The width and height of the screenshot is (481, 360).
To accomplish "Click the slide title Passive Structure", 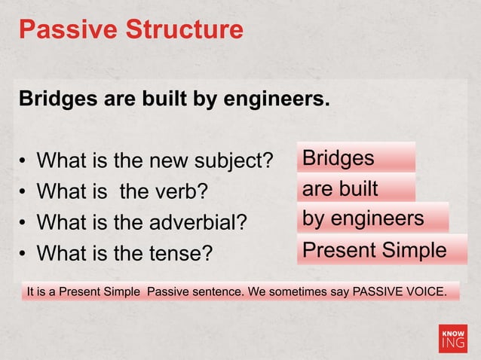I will point(130,30).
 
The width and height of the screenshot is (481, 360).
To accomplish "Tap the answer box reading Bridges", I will point(356,158).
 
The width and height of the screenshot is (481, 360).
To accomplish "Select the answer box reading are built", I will point(356,188).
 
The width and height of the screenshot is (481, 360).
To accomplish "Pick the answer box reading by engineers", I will point(373,218).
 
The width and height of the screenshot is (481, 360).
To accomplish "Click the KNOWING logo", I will point(453,338).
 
